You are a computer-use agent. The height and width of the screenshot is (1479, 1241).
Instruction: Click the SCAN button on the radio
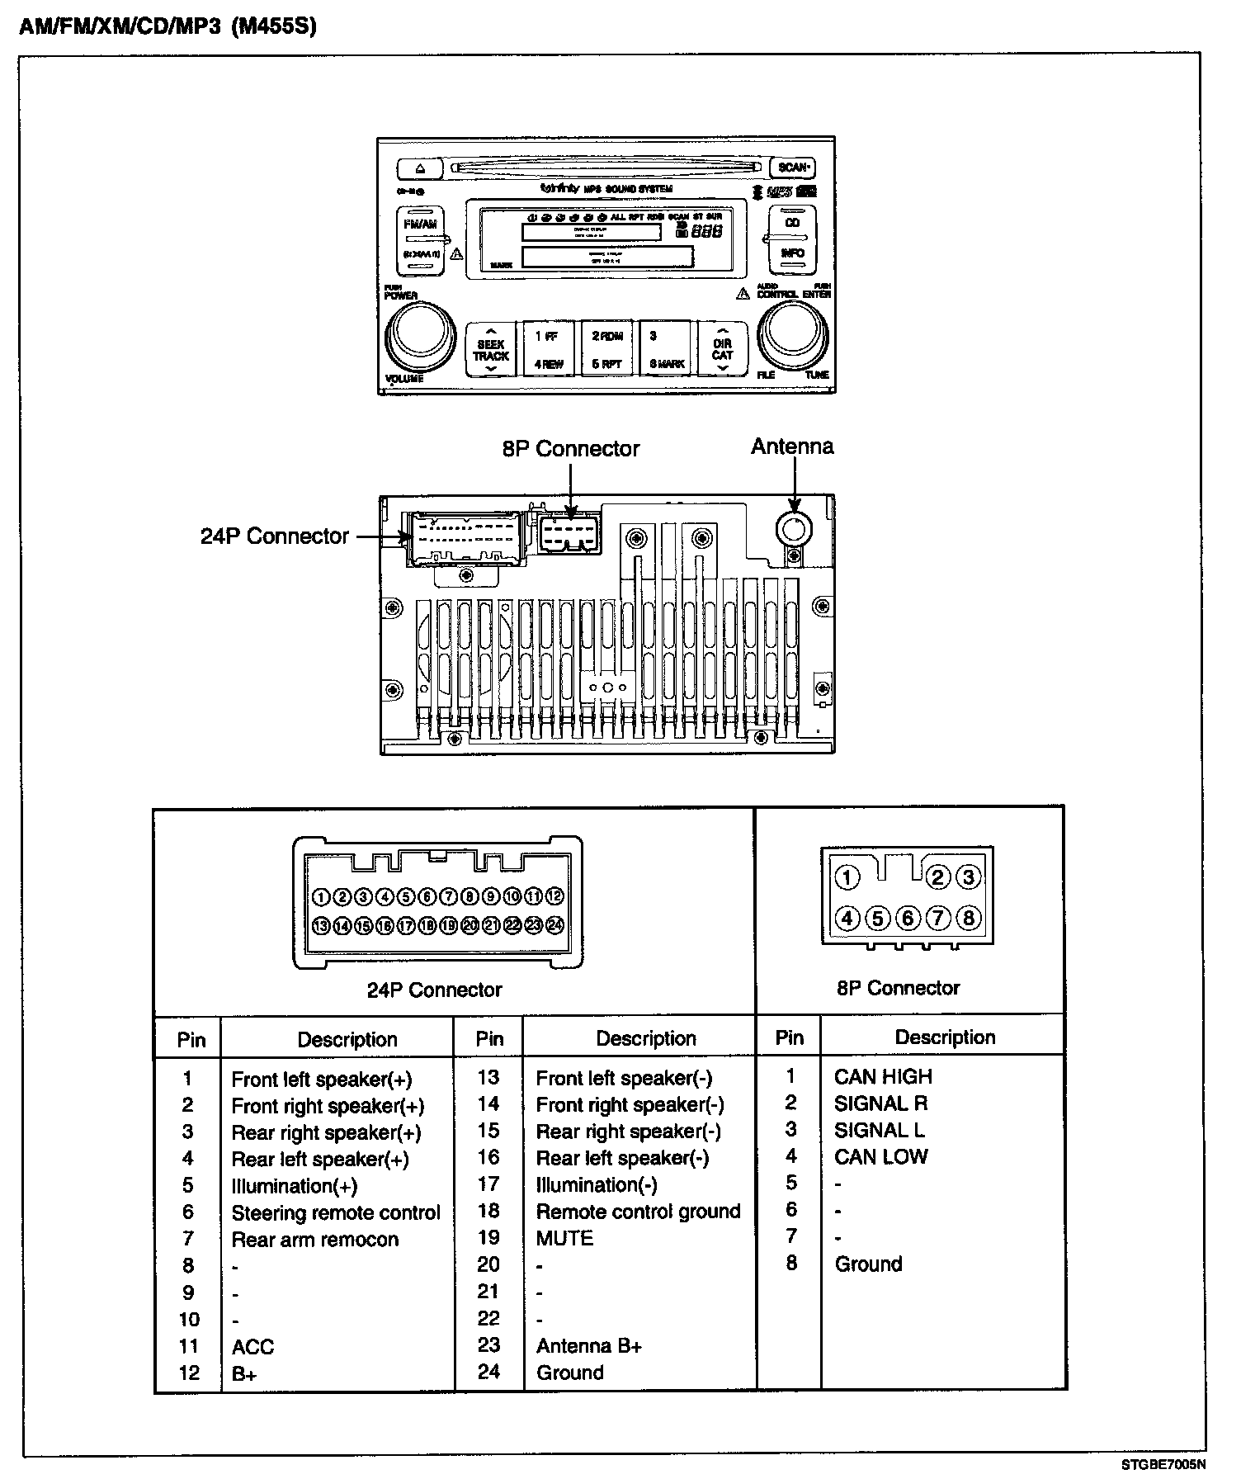(793, 168)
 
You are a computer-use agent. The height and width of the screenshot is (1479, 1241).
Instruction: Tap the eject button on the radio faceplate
(420, 168)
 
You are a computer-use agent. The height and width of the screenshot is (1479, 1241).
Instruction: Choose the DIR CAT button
(723, 350)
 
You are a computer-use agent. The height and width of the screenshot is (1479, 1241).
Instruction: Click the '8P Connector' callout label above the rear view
(570, 449)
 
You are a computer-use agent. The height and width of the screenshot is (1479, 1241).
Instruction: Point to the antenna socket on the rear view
(793, 529)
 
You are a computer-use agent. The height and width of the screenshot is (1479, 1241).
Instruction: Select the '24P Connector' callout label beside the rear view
(275, 536)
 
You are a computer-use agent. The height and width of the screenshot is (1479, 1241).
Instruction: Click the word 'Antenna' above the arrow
(792, 447)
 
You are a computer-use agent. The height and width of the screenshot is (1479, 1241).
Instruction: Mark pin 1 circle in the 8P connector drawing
(847, 877)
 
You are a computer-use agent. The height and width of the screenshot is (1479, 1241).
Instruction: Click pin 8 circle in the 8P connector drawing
(969, 918)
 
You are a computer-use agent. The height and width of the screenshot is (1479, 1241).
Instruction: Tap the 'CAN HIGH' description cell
(883, 1077)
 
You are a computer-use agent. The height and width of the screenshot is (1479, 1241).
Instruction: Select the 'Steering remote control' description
(336, 1213)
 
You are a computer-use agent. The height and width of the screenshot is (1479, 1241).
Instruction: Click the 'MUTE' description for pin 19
(565, 1239)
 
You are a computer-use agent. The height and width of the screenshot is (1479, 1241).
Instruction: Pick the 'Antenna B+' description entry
(589, 1346)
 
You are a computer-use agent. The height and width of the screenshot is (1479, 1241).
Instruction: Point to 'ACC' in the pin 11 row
(252, 1347)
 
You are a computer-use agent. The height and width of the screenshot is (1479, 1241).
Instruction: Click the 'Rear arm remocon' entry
(315, 1240)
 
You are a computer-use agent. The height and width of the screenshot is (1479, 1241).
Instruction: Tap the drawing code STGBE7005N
(1163, 1465)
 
